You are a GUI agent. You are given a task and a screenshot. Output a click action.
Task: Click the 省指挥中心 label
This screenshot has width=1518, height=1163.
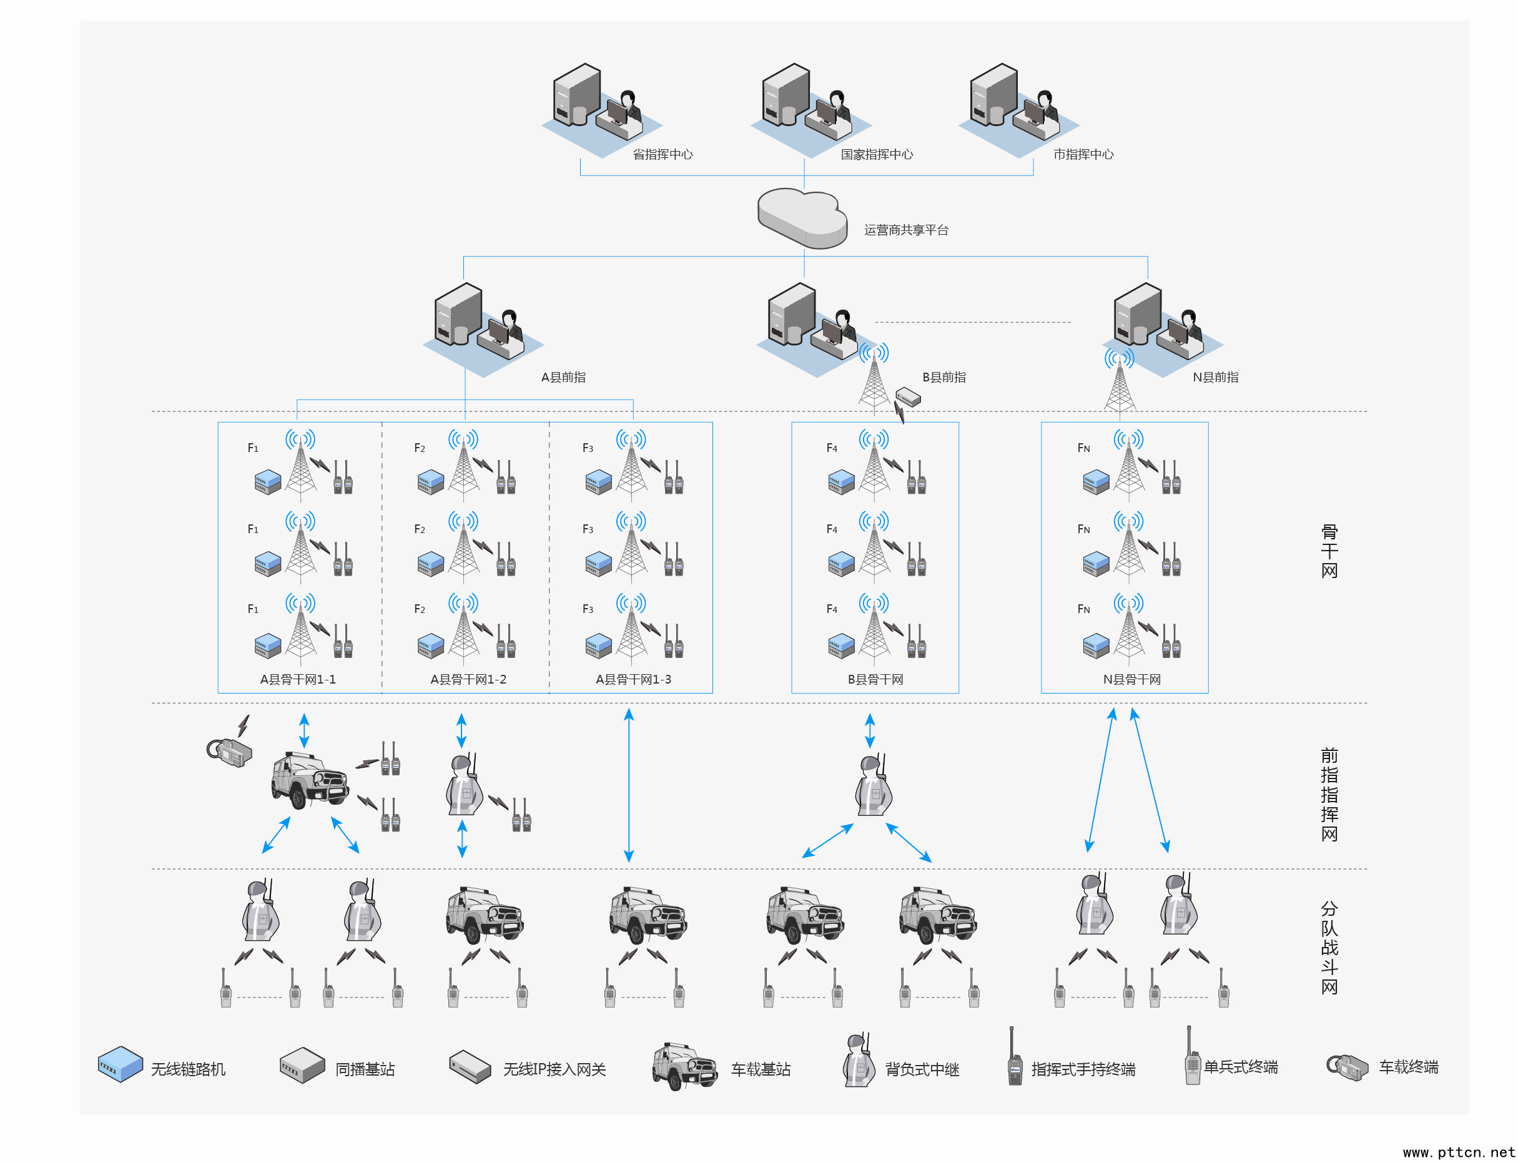(x=662, y=154)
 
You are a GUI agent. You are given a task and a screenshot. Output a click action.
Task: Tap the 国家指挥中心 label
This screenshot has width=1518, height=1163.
(x=876, y=154)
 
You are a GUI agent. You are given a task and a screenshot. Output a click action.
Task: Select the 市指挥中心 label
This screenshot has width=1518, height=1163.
(x=1083, y=154)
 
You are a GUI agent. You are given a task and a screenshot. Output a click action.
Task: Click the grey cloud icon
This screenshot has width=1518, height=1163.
(x=802, y=217)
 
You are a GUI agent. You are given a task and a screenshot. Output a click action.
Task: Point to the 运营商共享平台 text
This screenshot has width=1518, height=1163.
(x=906, y=230)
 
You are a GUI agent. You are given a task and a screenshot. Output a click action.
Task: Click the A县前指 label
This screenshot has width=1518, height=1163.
(x=563, y=377)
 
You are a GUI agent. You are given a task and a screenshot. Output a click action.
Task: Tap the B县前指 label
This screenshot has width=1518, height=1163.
(x=944, y=377)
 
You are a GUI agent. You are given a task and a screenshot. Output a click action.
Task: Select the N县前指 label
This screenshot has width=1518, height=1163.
(x=1215, y=377)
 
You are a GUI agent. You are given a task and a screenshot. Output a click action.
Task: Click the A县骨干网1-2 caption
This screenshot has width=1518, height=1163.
(x=468, y=679)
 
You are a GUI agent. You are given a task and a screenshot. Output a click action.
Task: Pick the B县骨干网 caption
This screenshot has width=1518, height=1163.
(x=875, y=679)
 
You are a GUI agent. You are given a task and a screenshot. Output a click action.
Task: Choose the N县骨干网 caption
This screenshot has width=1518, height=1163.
(x=1131, y=679)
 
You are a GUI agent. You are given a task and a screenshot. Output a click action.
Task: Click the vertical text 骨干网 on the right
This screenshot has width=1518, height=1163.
(x=1329, y=551)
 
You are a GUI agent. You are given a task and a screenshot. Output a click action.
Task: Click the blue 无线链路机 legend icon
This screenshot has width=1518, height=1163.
(x=121, y=1063)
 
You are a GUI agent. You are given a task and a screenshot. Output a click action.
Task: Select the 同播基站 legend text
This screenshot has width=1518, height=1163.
(x=365, y=1069)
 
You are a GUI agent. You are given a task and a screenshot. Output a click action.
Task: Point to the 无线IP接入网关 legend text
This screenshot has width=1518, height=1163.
(x=554, y=1069)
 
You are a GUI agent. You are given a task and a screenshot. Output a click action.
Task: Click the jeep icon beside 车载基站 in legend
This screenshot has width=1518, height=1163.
(x=684, y=1066)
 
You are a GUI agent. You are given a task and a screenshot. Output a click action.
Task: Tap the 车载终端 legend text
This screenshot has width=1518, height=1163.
(x=1409, y=1067)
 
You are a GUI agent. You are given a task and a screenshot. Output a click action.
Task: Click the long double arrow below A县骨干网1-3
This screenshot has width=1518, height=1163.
(x=629, y=785)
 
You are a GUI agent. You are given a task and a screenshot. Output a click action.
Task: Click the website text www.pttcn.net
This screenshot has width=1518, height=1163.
(x=1459, y=1152)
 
